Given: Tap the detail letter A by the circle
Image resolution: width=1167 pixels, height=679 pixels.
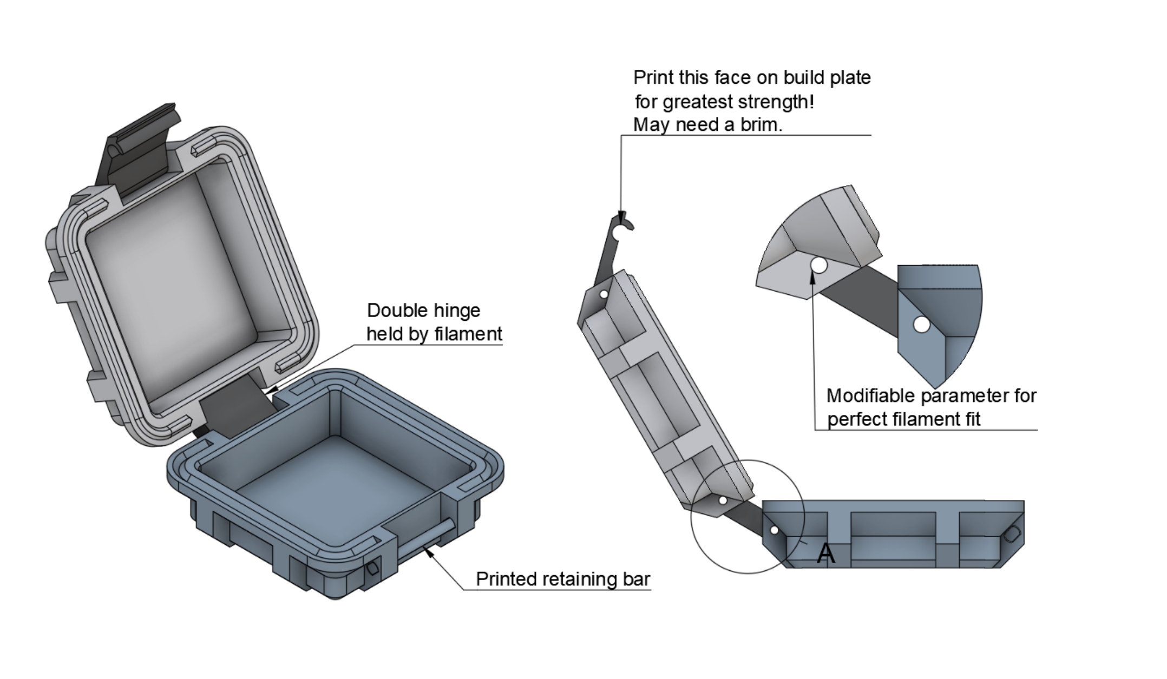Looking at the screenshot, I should pos(825,553).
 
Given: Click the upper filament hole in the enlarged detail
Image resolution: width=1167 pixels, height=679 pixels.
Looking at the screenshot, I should pos(819,265).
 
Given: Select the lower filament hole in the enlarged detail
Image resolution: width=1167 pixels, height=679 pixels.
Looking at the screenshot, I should pos(921,325).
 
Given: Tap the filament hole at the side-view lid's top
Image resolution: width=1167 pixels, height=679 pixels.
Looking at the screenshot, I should pos(605,294).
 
